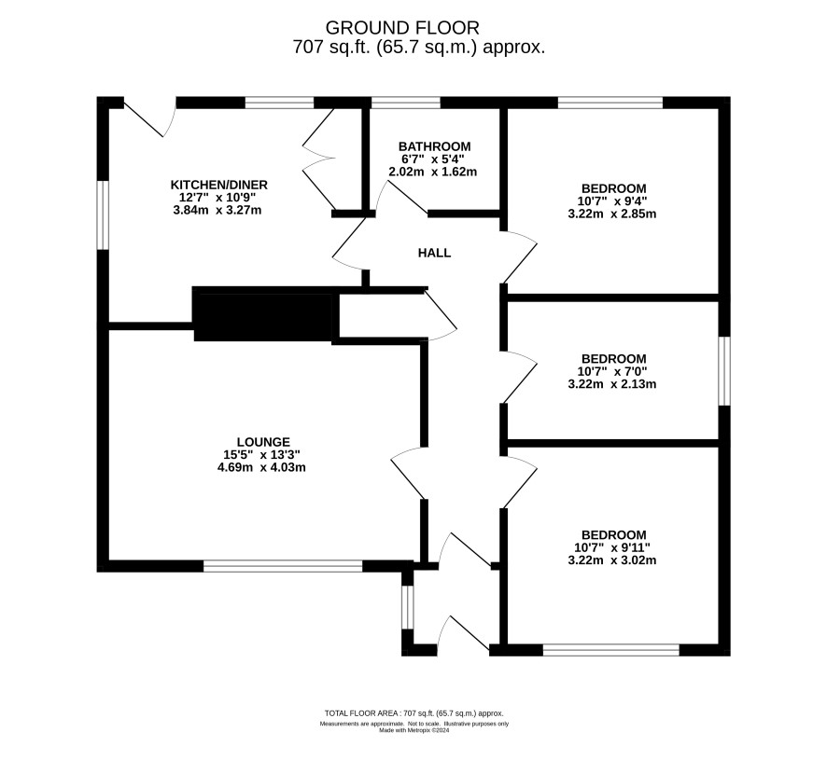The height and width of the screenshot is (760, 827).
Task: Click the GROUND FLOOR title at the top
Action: click(x=402, y=27)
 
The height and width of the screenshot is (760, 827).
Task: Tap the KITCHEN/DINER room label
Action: click(x=218, y=185)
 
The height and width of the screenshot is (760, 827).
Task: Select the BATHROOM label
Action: click(x=435, y=146)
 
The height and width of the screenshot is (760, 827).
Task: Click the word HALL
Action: click(x=435, y=253)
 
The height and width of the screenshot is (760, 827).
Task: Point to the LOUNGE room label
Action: click(x=264, y=442)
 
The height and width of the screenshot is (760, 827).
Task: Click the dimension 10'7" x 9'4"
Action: click(x=611, y=200)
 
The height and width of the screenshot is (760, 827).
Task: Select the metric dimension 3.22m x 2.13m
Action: click(x=611, y=383)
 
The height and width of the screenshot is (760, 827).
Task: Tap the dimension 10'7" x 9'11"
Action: click(x=611, y=547)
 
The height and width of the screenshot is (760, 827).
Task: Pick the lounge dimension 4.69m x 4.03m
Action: click(x=261, y=467)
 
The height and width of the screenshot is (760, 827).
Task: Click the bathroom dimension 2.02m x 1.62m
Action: click(x=432, y=172)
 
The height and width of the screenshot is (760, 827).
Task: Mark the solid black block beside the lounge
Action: click(x=263, y=315)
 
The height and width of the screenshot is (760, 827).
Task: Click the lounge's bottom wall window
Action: click(x=283, y=566)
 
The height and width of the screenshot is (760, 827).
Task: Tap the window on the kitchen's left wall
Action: click(x=103, y=214)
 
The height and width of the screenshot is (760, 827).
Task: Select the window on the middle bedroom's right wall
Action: click(x=724, y=371)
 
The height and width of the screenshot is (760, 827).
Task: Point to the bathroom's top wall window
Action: click(x=406, y=103)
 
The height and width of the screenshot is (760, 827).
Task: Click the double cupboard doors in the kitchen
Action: click(x=318, y=159)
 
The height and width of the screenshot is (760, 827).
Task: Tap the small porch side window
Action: click(x=407, y=607)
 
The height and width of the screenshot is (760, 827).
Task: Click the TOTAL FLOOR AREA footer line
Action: click(x=414, y=713)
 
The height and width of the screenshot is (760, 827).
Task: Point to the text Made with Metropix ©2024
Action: click(x=414, y=730)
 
